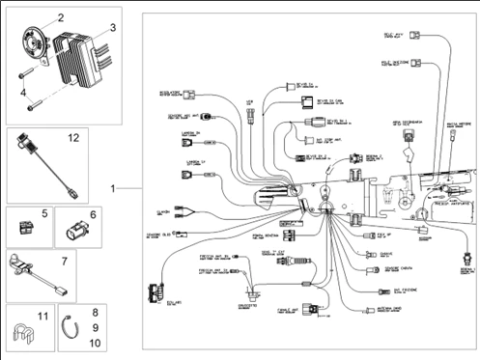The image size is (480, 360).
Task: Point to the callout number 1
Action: [113, 186]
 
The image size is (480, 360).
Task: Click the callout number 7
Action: [64, 262]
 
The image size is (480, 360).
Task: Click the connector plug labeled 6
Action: [74, 232]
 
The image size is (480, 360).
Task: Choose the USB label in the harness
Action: [250, 101]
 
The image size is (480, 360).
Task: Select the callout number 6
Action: [93, 214]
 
